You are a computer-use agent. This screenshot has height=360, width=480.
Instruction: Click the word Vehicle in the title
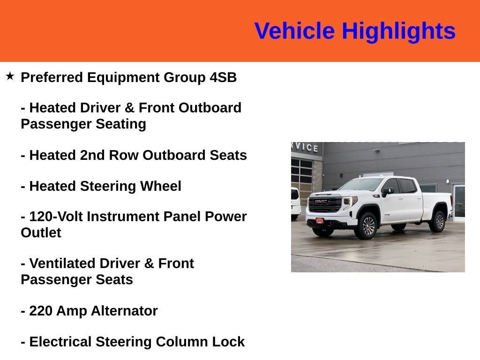pos(294,31)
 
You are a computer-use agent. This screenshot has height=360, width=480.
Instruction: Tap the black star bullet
pos(10,76)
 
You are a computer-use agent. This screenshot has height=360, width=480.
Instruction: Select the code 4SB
pos(223,77)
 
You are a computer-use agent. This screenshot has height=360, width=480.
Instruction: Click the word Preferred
pos(52,77)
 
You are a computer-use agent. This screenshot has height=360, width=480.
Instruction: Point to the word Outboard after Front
pos(210,108)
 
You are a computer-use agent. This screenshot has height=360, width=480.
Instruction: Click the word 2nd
pos(92,155)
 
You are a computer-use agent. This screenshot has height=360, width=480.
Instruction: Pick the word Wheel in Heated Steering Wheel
pos(161,186)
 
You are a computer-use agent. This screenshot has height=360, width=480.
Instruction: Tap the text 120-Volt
pos(56,217)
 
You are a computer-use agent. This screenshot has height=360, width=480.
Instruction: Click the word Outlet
pos(41,232)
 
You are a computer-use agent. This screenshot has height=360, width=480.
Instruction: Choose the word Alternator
pos(124,311)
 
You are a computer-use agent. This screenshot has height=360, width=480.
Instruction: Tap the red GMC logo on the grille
pos(321,202)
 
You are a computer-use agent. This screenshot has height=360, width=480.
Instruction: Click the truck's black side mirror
pos(387,192)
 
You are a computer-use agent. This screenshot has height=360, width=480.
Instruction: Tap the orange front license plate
pos(320,221)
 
